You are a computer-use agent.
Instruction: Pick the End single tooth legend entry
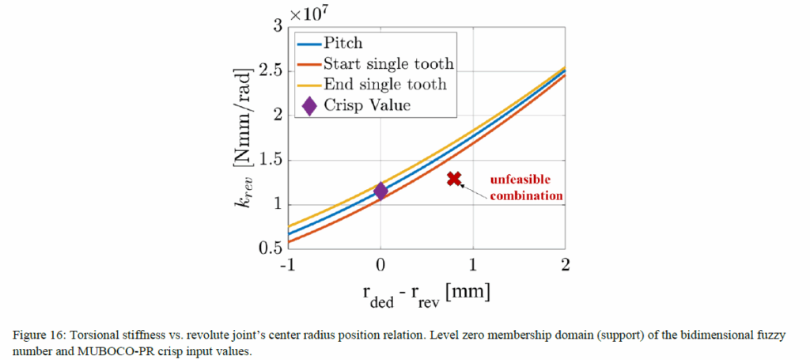pos(384,84)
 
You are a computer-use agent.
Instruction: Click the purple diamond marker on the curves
pos(380,191)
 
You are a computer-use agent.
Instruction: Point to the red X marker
pos(453,178)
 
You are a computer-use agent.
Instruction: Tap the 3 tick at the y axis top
pos(277,26)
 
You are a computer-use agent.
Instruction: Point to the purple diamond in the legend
pos(309,104)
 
